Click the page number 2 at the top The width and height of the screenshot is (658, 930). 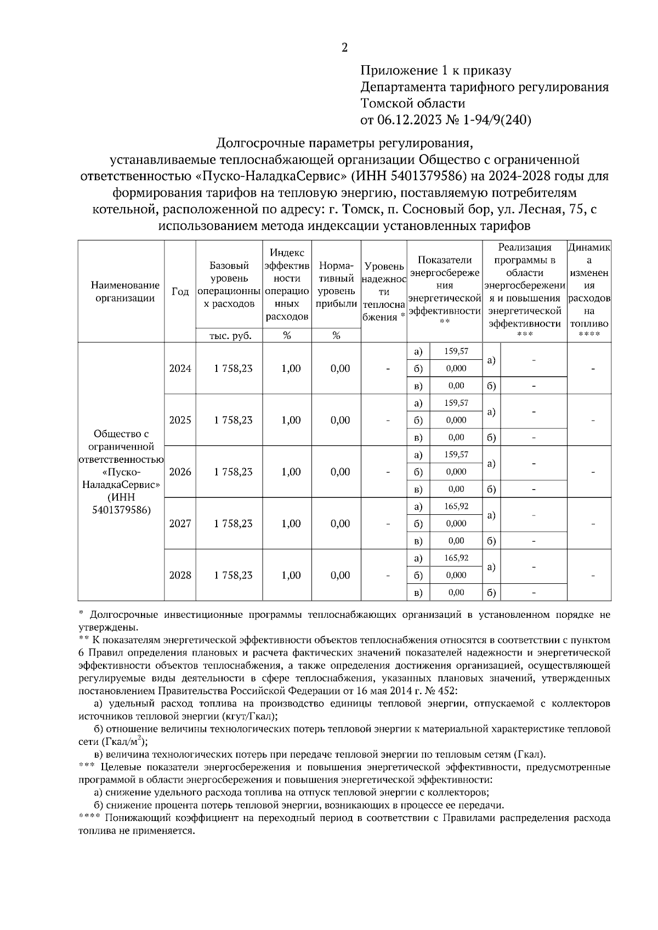pyautogui.click(x=344, y=48)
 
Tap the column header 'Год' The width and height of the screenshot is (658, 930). pyautogui.click(x=180, y=291)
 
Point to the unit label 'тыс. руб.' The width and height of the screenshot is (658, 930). pyautogui.click(x=230, y=336)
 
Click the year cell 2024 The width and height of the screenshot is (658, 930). pyautogui.click(x=180, y=369)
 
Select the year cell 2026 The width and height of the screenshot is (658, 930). pyautogui.click(x=180, y=472)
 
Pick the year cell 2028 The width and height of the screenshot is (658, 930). pyautogui.click(x=180, y=575)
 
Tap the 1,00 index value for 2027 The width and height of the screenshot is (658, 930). pyautogui.click(x=291, y=524)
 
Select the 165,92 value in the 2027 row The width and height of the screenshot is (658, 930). pyautogui.click(x=456, y=506)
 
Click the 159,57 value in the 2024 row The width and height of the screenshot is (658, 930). pyautogui.click(x=456, y=351)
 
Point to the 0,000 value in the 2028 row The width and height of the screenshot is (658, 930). pyautogui.click(x=456, y=575)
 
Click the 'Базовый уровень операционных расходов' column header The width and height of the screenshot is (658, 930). pyautogui.click(x=230, y=285)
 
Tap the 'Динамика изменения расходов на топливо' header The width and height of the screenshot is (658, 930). pyautogui.click(x=589, y=285)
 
